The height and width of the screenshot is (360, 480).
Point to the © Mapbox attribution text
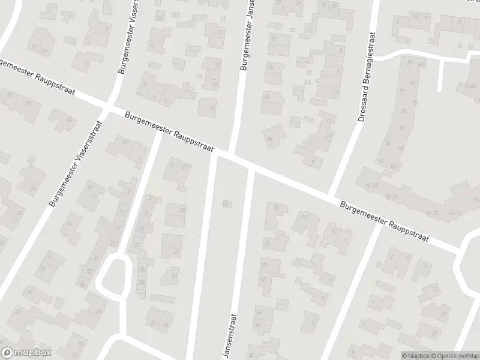coord(416,355)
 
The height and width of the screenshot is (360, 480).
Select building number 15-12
coord(431,213)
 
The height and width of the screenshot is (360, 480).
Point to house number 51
coord(82,343)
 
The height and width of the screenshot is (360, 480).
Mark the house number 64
coord(419,64)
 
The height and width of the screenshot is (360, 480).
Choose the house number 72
coord(415,103)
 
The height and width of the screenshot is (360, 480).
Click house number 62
coord(393,166)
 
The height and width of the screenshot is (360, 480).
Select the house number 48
coord(412,82)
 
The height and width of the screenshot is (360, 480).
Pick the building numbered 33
coord(174,275)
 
